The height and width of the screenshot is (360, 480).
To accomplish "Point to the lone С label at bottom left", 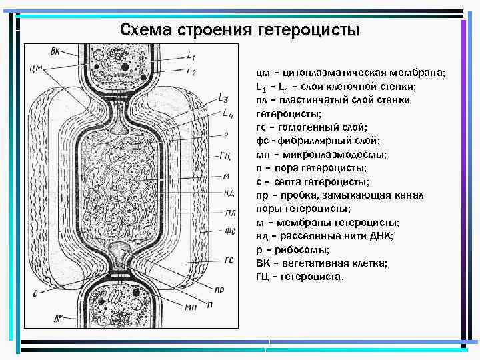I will (x=35, y=292).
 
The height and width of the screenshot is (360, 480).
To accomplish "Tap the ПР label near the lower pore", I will (x=219, y=289).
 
